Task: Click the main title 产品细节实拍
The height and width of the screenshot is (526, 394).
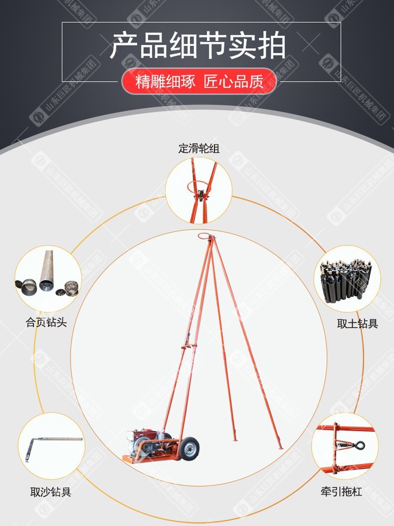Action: [x=198, y=45]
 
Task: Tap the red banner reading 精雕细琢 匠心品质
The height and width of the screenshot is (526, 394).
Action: [x=199, y=82]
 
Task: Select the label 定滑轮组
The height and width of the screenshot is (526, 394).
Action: [x=199, y=148]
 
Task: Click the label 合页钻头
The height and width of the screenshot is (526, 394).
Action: [x=46, y=322]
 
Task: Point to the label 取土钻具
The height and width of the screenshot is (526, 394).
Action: [x=357, y=323]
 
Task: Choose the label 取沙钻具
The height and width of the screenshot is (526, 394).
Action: [x=50, y=492]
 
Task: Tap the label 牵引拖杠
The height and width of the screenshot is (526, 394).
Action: [x=341, y=492]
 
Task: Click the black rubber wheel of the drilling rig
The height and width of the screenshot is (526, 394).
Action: [x=189, y=448]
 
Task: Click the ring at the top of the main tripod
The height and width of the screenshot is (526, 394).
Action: [x=204, y=236]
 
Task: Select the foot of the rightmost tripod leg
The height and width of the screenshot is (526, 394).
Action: [x=280, y=447]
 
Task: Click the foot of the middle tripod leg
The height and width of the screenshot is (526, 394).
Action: [x=235, y=439]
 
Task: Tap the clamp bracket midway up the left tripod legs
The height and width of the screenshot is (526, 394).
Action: [x=188, y=346]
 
